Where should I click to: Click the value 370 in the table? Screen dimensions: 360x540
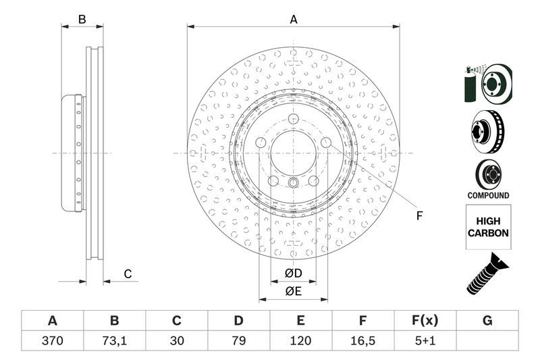[52, 341]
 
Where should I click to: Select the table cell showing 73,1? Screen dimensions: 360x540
[114, 341]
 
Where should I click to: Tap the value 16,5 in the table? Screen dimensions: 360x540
[362, 341]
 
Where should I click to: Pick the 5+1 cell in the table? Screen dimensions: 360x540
[425, 341]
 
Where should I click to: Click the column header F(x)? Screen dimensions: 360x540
[425, 320]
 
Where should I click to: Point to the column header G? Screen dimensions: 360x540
[487, 320]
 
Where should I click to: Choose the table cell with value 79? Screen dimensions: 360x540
[238, 341]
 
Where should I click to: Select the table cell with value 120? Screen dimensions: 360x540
[300, 341]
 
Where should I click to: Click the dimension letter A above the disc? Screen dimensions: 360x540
[294, 20]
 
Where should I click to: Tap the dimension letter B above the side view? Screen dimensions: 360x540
[82, 20]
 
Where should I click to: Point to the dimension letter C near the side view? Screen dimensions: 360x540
[127, 274]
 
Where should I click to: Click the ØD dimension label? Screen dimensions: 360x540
[292, 273]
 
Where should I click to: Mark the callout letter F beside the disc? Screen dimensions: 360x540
[418, 216]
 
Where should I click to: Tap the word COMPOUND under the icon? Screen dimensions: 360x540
[488, 195]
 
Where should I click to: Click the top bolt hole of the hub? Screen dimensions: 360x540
[293, 120]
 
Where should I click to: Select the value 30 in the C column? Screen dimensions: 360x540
[176, 341]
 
